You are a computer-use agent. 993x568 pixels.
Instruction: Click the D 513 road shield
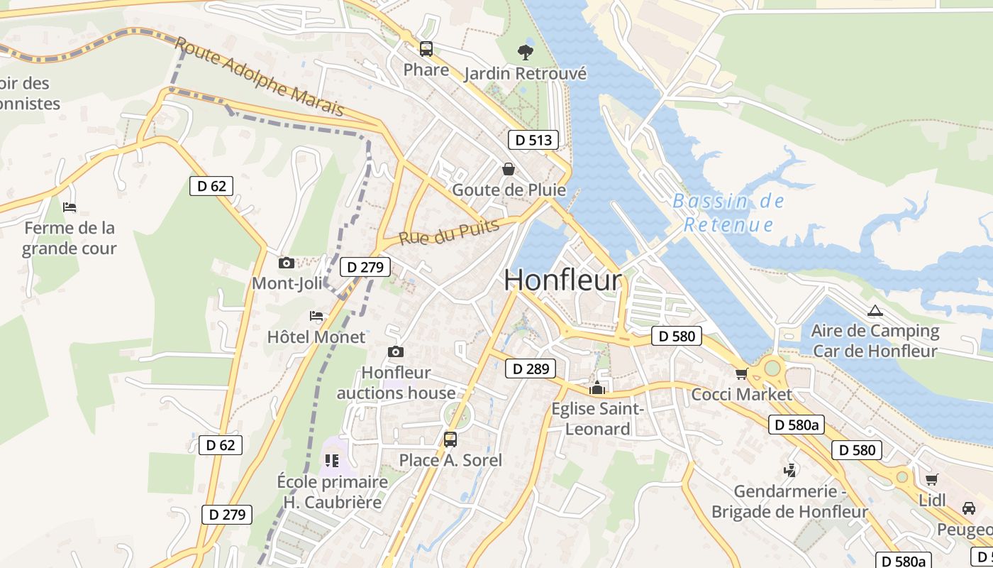pyautogui.click(x=533, y=140)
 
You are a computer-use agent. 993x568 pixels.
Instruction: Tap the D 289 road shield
pyautogui.click(x=530, y=368)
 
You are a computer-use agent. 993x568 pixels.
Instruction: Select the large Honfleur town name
pyautogui.click(x=562, y=280)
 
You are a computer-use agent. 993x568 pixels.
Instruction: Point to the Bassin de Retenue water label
pyautogui.click(x=728, y=213)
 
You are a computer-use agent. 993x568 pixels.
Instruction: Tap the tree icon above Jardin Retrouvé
pyautogui.click(x=525, y=51)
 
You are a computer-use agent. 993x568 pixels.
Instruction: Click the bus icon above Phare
pyautogui.click(x=426, y=49)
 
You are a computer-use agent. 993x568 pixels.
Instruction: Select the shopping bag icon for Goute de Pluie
pyautogui.click(x=509, y=169)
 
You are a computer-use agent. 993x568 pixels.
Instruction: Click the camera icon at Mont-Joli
pyautogui.click(x=287, y=263)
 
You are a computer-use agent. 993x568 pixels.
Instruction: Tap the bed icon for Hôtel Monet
pyautogui.click(x=316, y=315)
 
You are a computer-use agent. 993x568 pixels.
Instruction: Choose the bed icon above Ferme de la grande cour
pyautogui.click(x=69, y=207)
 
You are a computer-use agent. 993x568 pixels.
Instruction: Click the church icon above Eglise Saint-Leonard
pyautogui.click(x=597, y=388)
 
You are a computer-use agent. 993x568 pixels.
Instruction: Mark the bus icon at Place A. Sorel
pyautogui.click(x=450, y=439)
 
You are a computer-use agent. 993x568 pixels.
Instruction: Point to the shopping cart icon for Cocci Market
pyautogui.click(x=741, y=373)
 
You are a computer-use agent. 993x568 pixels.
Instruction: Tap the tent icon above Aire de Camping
pyautogui.click(x=875, y=310)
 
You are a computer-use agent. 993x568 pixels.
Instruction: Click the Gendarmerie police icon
pyautogui.click(x=789, y=469)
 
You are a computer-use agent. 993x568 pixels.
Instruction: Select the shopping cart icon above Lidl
pyautogui.click(x=931, y=479)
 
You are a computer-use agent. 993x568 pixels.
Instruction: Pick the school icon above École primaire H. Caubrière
pyautogui.click(x=331, y=461)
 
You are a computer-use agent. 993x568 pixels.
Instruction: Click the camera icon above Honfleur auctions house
pyautogui.click(x=396, y=351)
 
